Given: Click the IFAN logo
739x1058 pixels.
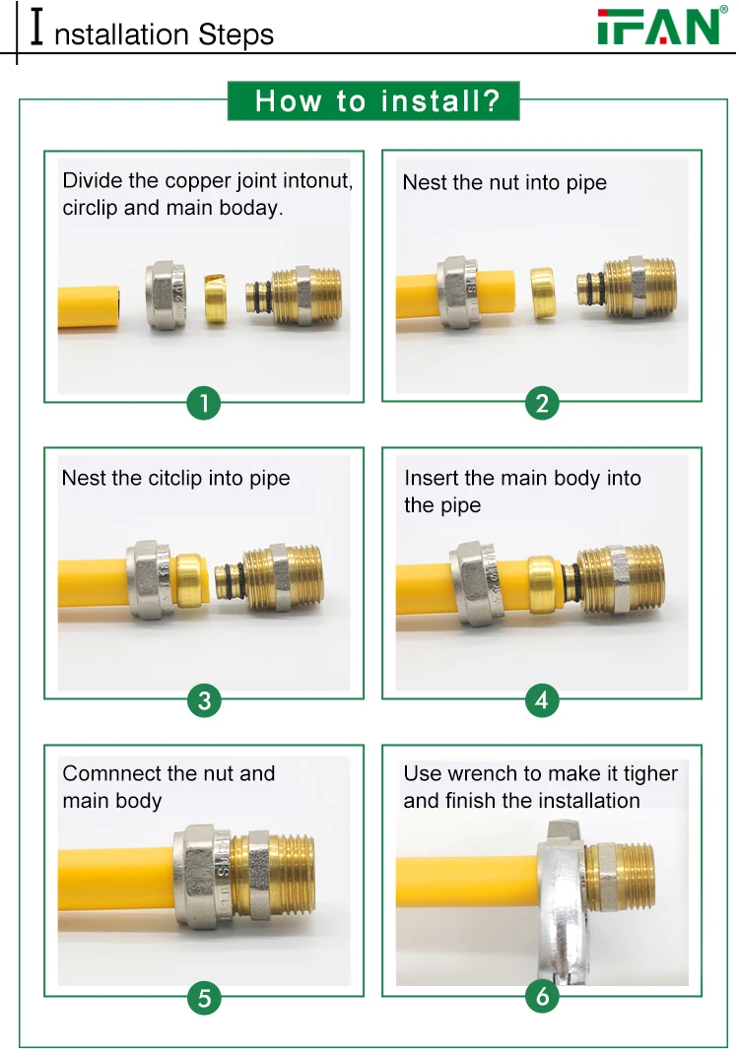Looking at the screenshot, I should click(659, 27).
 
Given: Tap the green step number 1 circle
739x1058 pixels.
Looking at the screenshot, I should click(204, 402).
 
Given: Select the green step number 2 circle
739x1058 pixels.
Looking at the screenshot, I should click(542, 402).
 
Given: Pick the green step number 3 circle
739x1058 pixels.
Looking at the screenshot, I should click(204, 700).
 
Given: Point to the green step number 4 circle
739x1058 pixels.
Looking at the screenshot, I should click(542, 700).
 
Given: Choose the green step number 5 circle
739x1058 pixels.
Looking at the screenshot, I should click(204, 998).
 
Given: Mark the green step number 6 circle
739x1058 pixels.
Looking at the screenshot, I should click(542, 998).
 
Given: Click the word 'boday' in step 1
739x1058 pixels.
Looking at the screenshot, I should click(252, 209).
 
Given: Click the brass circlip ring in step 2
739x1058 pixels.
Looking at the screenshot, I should click(546, 294).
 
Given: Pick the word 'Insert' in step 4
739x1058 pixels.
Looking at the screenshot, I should click(431, 479).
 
